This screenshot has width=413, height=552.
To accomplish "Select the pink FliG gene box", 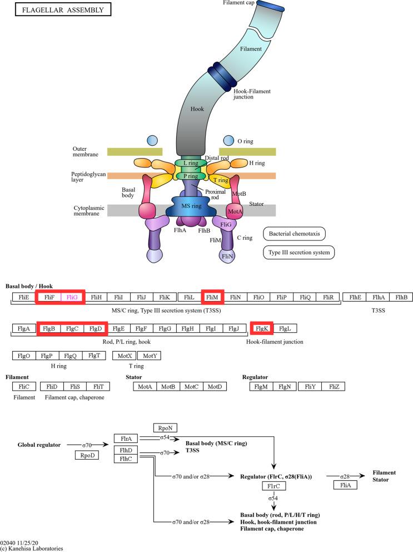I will [x=72, y=298].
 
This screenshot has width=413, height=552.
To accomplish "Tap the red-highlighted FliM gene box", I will [x=212, y=298].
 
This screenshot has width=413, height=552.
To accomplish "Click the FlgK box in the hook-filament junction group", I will [x=261, y=328].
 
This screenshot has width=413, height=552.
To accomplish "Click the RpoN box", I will [x=165, y=428].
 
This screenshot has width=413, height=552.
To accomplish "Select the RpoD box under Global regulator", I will [x=86, y=455].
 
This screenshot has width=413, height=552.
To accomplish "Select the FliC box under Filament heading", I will [x=23, y=386].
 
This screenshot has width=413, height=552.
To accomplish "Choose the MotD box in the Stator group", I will [x=214, y=386].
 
